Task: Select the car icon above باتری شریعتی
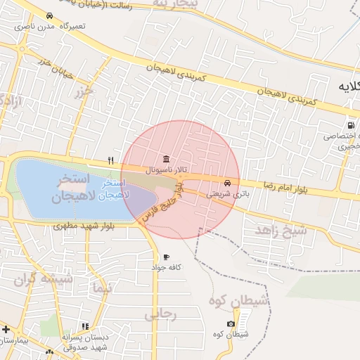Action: pos(225,182)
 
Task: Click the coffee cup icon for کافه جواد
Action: pos(166,257)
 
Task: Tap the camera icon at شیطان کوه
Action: pos(231,323)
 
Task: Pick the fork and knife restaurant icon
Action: pos(110,160)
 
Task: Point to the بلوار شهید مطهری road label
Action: pos(83,226)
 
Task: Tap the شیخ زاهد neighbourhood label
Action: pos(281,230)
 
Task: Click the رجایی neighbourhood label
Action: pos(160,315)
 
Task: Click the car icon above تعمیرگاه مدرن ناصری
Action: pos(49,15)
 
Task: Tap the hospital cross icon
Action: pos(6,328)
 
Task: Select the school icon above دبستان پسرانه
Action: pos(85,327)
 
